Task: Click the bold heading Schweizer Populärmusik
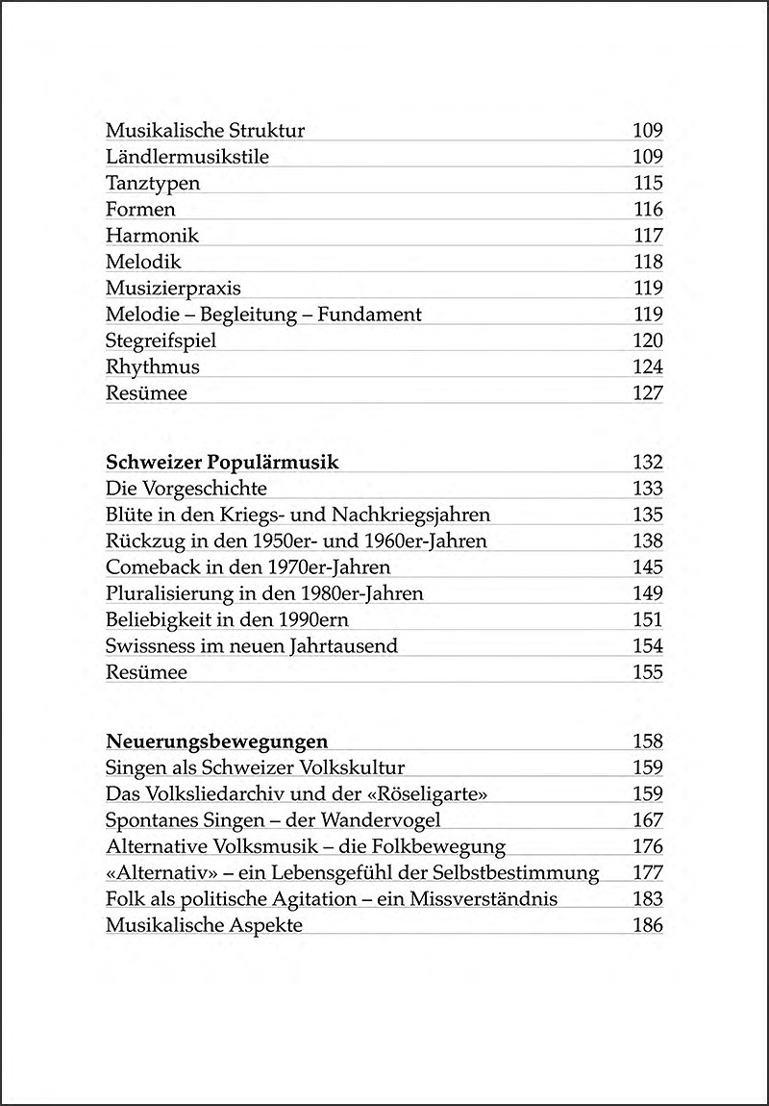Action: click(221, 463)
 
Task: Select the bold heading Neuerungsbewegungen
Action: click(216, 742)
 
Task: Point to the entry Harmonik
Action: click(152, 236)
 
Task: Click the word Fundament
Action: click(372, 314)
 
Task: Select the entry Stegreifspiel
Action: click(161, 340)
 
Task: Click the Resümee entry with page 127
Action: click(146, 392)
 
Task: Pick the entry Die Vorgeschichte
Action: click(186, 489)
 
